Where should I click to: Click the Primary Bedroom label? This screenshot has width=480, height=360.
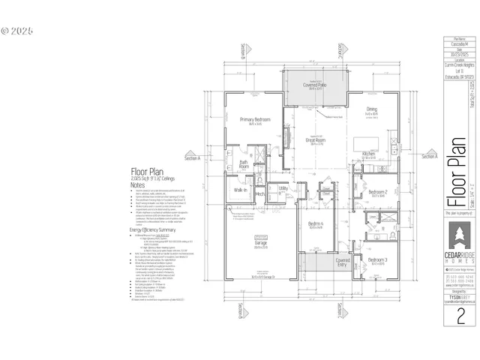pos(254,120)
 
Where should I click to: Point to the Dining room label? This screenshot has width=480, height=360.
pos(372,109)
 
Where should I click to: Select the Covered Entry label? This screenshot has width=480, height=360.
pos(343,262)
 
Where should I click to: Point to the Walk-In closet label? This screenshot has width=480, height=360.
pos(241,190)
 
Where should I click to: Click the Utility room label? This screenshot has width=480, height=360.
pos(283,188)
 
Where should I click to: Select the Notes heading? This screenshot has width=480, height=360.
pos(137,184)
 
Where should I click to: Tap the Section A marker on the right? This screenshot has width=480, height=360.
pos(429,157)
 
